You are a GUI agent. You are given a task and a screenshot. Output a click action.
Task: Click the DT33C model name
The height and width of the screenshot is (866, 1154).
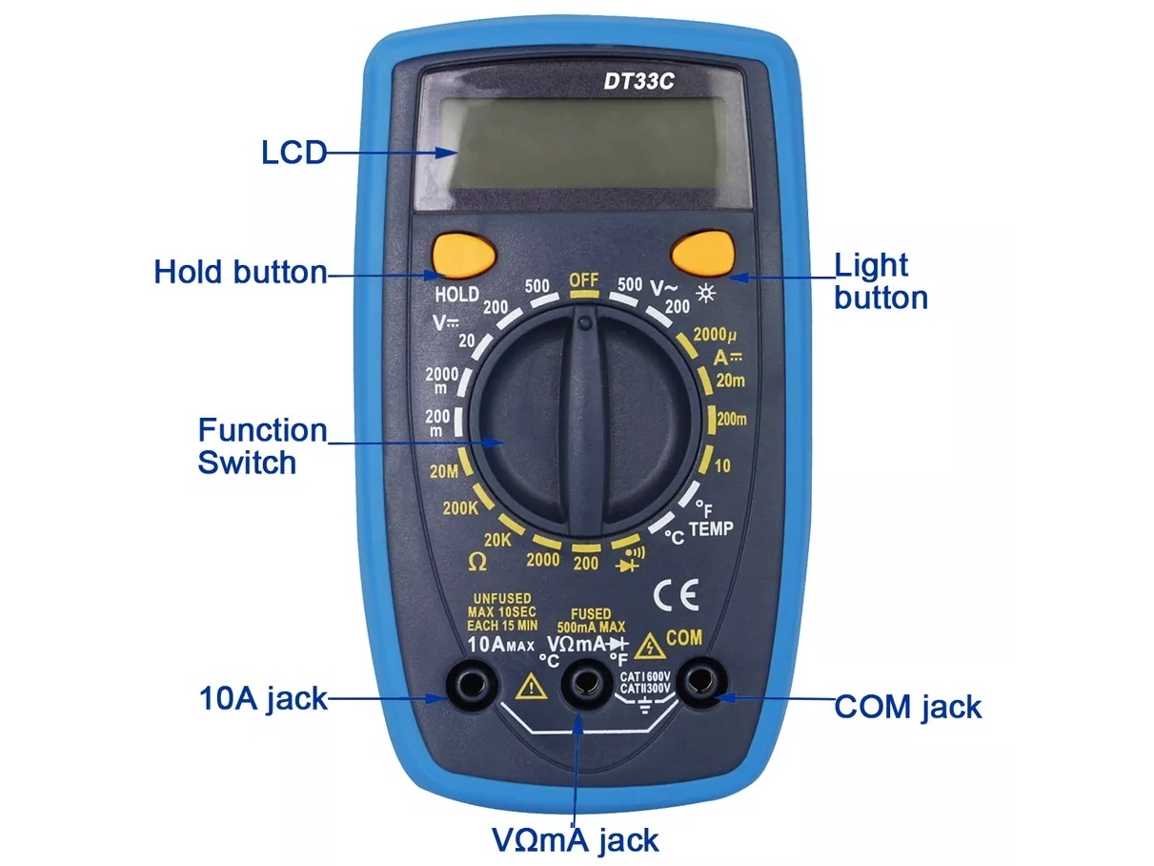[638, 82]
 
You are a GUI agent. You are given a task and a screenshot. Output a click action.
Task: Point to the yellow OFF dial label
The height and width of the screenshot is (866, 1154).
[583, 280]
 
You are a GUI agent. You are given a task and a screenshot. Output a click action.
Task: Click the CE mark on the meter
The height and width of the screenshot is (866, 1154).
[675, 594]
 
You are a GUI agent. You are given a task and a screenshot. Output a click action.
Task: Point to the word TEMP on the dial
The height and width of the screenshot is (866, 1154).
[711, 527]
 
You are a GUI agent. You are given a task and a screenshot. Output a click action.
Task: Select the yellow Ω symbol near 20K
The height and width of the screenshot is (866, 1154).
[477, 562]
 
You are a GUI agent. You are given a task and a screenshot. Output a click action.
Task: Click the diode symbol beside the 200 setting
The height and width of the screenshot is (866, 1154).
[629, 564]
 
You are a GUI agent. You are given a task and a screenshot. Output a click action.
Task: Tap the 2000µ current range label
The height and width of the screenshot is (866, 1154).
[715, 335]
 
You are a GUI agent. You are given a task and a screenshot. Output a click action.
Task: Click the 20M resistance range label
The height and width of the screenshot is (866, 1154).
[445, 470]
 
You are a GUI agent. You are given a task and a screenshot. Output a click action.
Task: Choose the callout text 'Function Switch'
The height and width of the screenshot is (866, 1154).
[261, 445]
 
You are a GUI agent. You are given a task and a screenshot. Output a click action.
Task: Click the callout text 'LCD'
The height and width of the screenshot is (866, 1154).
[294, 152]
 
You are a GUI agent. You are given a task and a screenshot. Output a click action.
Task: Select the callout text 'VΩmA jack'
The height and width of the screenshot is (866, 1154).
[575, 839]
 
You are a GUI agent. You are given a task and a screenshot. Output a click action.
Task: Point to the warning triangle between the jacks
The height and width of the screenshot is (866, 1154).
[526, 686]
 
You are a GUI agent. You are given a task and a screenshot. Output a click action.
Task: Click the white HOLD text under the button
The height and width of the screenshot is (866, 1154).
[456, 294]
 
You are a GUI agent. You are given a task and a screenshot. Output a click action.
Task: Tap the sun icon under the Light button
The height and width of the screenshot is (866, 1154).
[706, 292]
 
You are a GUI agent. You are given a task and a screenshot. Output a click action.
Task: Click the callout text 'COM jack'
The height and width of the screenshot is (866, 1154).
[907, 707]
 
